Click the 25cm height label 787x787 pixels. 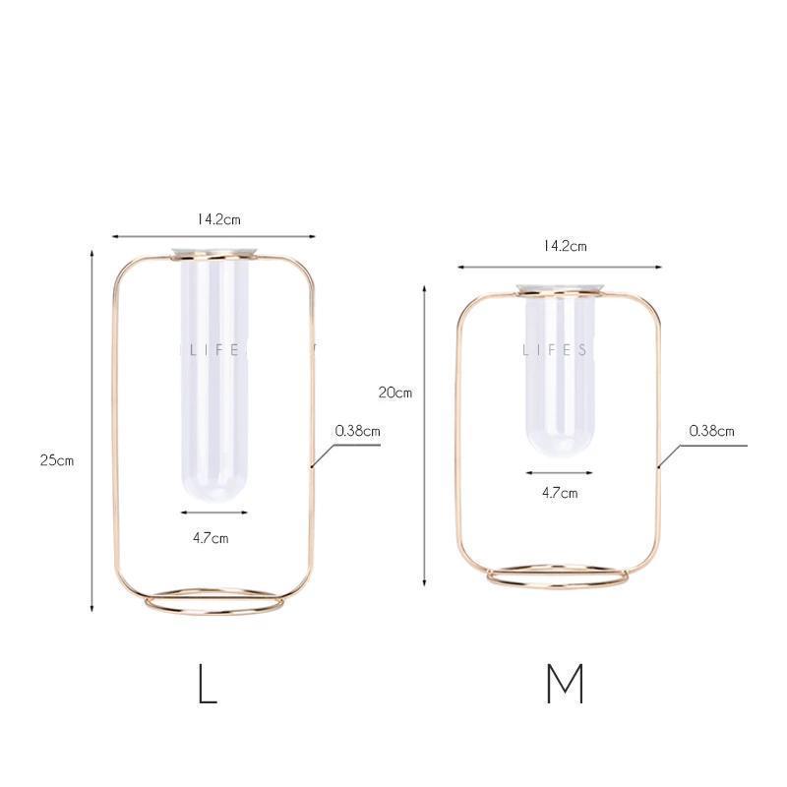[x=57, y=459]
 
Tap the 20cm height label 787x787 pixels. [x=395, y=392]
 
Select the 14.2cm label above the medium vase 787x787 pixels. [x=565, y=246]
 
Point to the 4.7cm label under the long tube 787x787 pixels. [x=211, y=537]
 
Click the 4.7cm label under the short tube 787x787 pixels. [x=560, y=492]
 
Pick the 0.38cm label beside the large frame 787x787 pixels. [x=357, y=430]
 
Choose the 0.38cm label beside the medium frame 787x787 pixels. [x=711, y=430]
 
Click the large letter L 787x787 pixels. [x=207, y=685]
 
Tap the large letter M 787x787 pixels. [x=565, y=685]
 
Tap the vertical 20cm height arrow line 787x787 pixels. [x=424, y=433]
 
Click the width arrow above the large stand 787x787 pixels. [x=212, y=236]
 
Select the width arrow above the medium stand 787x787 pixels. [x=559, y=266]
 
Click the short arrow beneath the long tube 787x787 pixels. [x=213, y=512]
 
